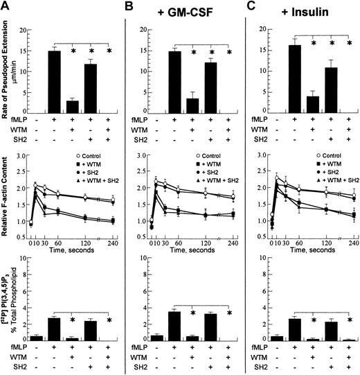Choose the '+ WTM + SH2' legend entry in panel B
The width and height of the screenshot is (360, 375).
[x=208, y=170]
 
